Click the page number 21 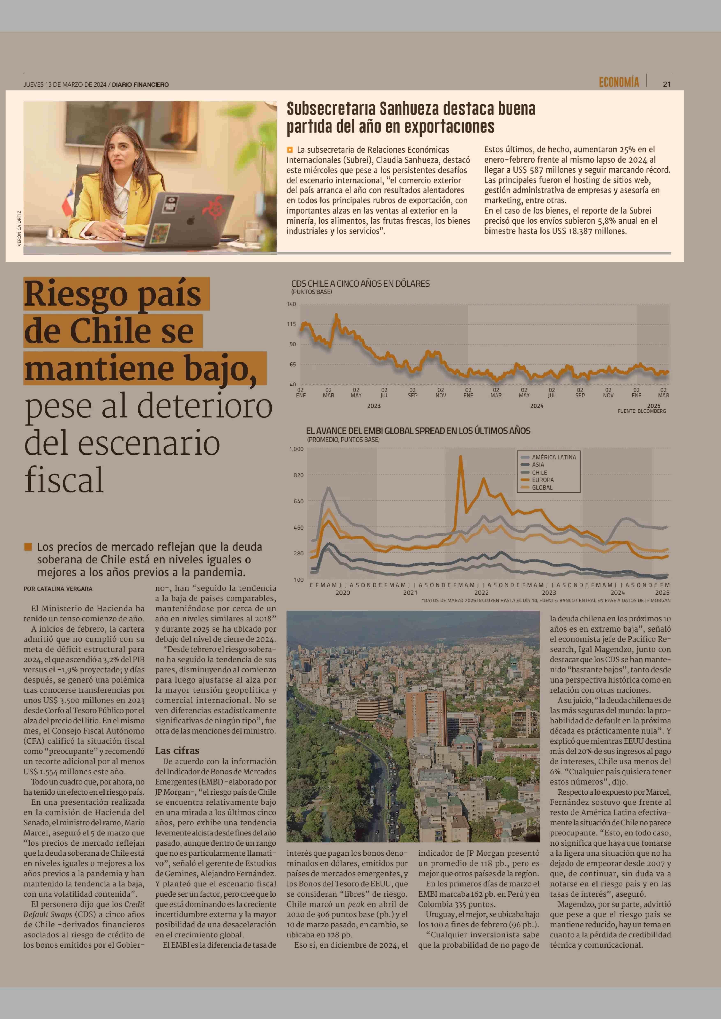click(666, 84)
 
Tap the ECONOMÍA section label click(619, 82)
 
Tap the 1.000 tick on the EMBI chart click(296, 449)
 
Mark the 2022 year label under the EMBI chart click(481, 592)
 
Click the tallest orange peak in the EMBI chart click(460, 456)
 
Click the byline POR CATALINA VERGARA click(58, 589)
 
